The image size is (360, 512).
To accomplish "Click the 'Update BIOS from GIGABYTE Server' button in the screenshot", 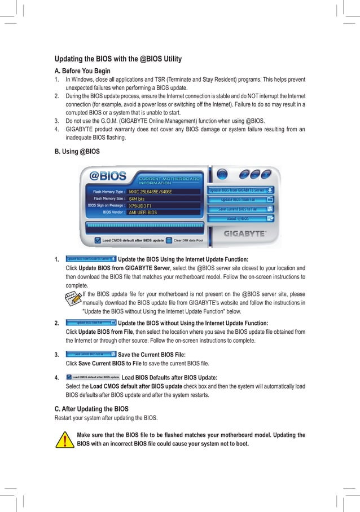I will click(240, 191).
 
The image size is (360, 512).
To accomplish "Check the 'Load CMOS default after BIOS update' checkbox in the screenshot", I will click(98, 240).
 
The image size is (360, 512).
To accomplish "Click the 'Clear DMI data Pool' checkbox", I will click(169, 240).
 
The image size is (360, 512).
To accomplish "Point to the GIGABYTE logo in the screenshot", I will click(245, 233).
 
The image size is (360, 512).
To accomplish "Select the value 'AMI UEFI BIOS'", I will click(143, 213).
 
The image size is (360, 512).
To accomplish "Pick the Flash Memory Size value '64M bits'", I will click(138, 199).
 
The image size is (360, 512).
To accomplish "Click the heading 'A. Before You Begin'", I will click(82, 71).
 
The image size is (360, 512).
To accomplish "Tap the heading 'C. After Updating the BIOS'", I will click(91, 408).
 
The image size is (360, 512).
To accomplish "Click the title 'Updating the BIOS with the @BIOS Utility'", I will click(117, 59).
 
